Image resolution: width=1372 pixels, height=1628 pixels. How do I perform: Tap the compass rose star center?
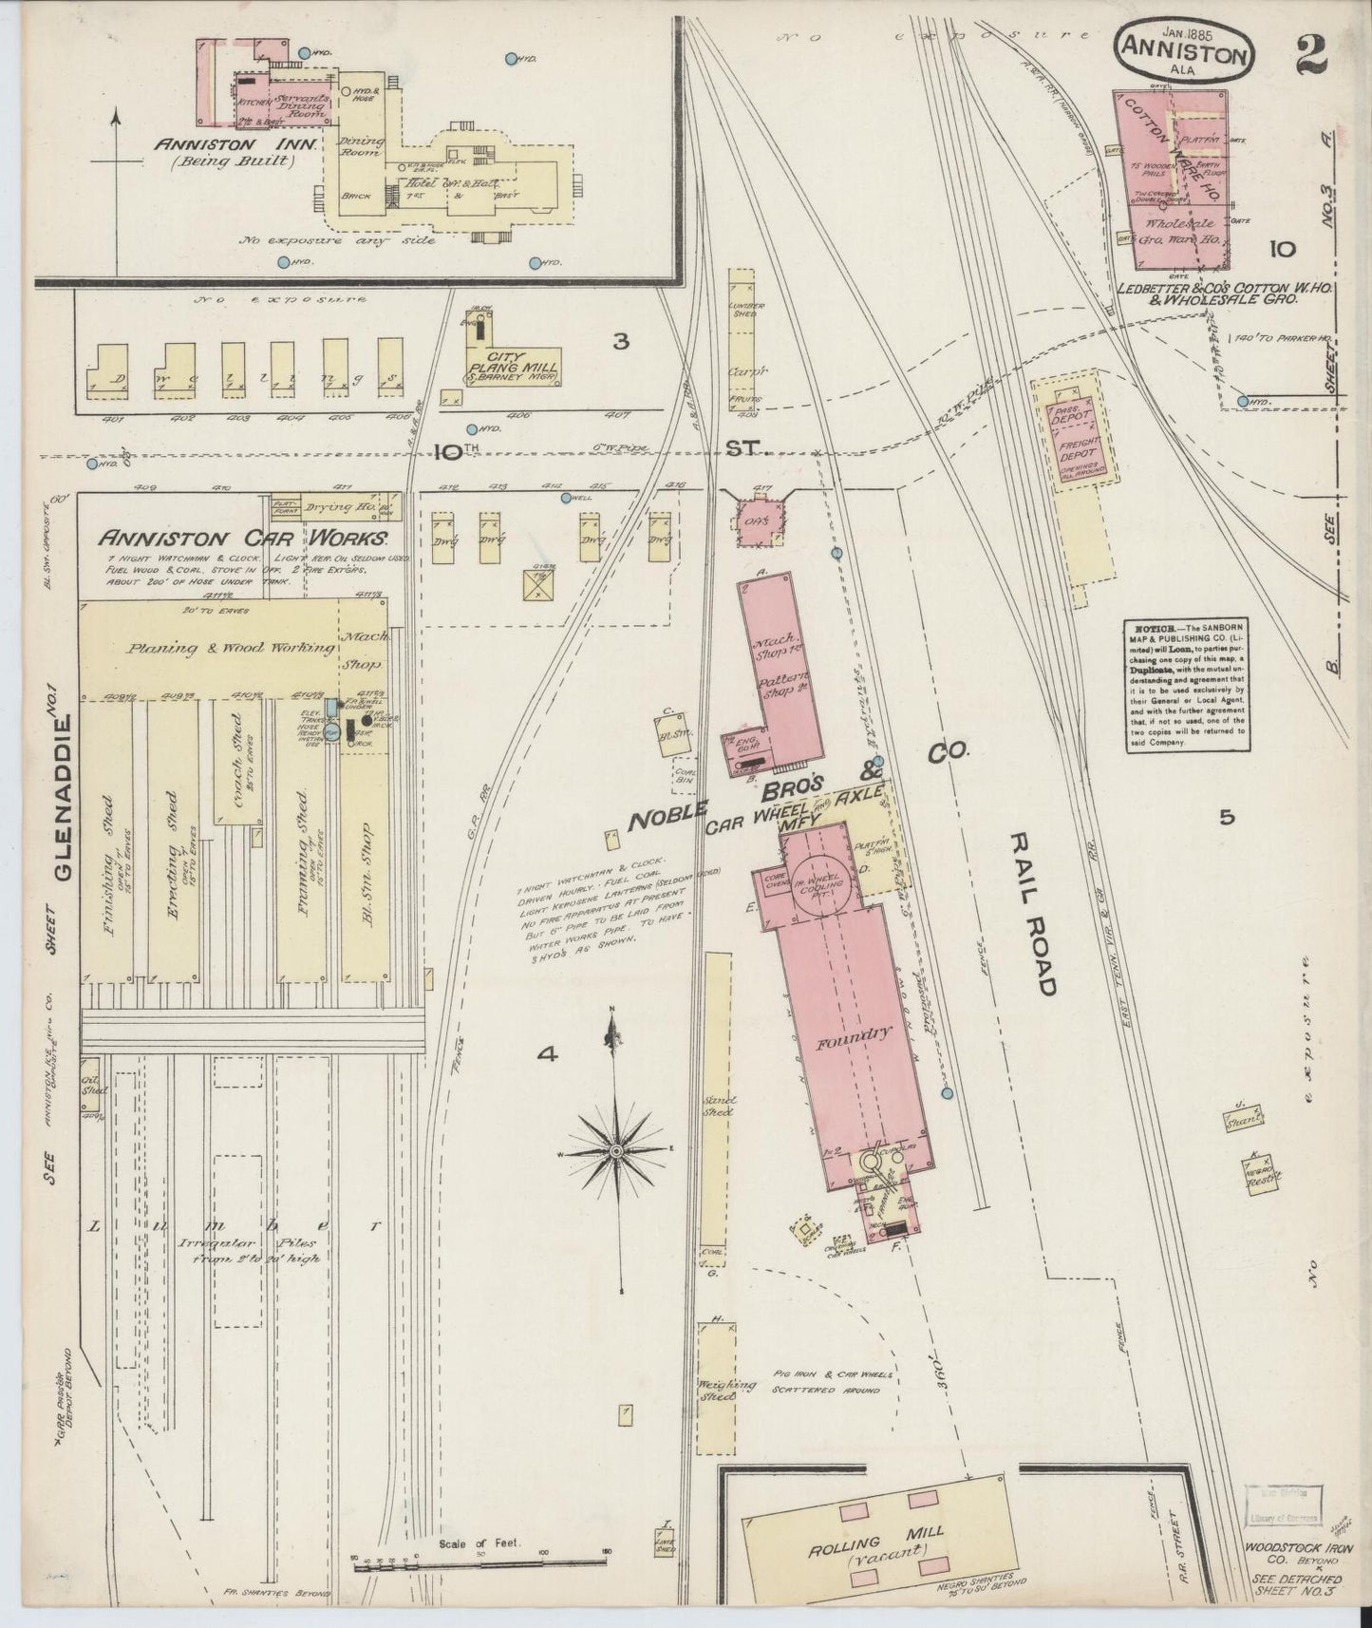(x=615, y=1151)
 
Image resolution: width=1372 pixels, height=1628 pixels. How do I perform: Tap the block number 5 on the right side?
(x=1228, y=816)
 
